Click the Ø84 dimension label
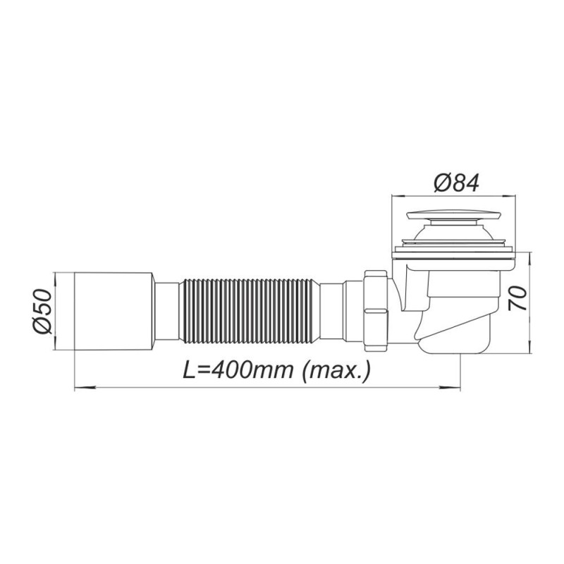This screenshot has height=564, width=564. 456,183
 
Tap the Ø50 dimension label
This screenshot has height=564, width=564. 43,311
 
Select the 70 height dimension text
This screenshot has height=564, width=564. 517,298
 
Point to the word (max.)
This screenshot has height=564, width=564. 336,371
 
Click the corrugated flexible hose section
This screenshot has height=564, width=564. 249,311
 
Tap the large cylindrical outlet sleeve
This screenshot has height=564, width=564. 114,311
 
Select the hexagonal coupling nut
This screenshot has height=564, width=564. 376,311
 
